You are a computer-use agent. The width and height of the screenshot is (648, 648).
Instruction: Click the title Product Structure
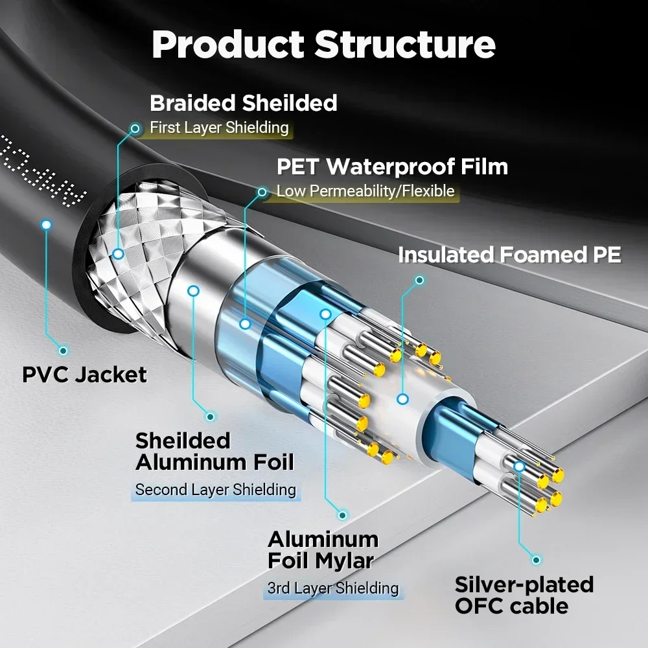(x=323, y=44)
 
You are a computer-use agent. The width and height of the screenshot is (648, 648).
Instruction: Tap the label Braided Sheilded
(x=243, y=103)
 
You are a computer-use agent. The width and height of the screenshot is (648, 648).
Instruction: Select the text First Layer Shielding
(x=219, y=128)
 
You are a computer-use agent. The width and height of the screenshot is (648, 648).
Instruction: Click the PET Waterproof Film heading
(x=392, y=167)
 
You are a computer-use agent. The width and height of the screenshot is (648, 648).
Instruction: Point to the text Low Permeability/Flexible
(x=365, y=191)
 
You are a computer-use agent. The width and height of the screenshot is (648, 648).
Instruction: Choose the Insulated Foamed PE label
(x=509, y=255)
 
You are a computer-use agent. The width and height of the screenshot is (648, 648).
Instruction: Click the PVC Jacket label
(x=84, y=375)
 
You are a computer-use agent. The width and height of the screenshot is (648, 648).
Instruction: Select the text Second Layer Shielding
(x=215, y=490)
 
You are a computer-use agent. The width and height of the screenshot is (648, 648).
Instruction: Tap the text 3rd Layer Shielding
(x=333, y=588)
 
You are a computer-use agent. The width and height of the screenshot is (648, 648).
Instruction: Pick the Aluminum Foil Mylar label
(x=323, y=550)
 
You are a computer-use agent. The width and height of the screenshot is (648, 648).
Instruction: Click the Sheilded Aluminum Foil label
(x=214, y=451)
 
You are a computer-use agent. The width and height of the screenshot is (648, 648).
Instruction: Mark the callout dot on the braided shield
(x=118, y=254)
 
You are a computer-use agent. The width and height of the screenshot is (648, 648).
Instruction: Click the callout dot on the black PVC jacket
(x=46, y=225)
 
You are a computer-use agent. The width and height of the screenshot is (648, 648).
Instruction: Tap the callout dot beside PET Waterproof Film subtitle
(x=262, y=192)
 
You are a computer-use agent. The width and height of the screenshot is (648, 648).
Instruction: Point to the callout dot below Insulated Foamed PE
(x=419, y=281)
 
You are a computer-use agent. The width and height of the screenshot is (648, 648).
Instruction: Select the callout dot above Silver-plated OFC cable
(x=536, y=559)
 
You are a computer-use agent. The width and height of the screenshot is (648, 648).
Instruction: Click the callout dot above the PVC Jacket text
(x=63, y=351)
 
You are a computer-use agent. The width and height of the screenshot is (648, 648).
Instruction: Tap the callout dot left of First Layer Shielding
(x=135, y=128)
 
